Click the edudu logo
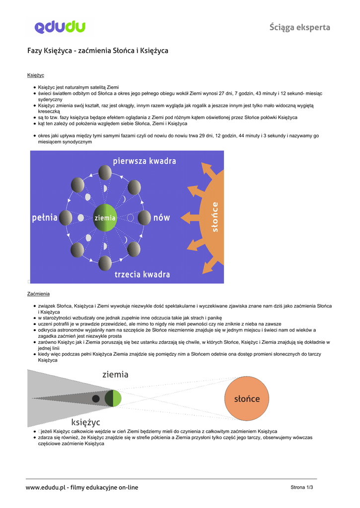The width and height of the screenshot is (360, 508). [x=60, y=27]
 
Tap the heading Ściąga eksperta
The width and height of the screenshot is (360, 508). [x=299, y=27]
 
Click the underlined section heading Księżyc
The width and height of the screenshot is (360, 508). [x=36, y=75]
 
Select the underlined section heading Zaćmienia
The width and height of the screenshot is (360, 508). [x=38, y=294]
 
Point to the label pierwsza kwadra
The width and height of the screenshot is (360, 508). [x=144, y=161]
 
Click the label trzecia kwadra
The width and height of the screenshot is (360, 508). [x=142, y=274]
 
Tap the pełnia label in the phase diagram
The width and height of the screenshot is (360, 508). [x=45, y=217]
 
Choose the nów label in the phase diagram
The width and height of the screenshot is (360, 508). [x=161, y=217]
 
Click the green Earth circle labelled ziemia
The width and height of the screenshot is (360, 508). [x=105, y=218]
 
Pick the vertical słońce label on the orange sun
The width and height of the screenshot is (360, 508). [x=215, y=216]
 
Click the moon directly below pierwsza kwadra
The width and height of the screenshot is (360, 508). [x=105, y=173]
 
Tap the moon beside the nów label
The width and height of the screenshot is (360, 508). [x=144, y=217]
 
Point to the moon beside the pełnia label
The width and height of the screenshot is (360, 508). [x=65, y=217]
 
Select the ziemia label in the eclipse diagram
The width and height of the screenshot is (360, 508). [x=115, y=375]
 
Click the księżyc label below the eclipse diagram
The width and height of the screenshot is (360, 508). [x=85, y=422]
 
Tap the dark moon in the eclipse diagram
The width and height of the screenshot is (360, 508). [x=95, y=398]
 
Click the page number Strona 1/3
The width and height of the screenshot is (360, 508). [x=301, y=488]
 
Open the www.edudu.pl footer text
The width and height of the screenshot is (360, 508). [x=82, y=488]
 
